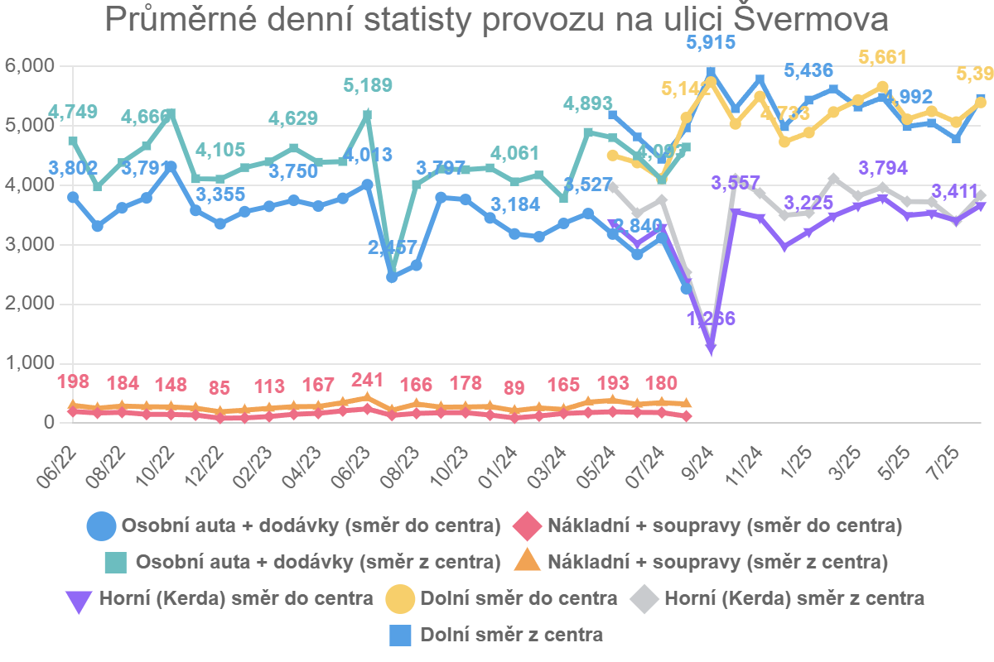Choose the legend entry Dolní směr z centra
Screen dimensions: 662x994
pyautogui.click(x=511, y=636)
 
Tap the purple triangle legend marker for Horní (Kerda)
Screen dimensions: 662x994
pyautogui.click(x=79, y=598)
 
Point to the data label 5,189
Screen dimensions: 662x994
pyautogui.click(x=367, y=85)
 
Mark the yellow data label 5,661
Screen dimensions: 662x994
pyautogui.click(x=882, y=57)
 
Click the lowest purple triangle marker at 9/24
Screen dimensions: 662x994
pyautogui.click(x=710, y=349)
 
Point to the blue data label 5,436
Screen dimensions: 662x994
pyautogui.click(x=808, y=71)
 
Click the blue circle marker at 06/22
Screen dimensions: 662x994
pyautogui.click(x=73, y=197)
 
